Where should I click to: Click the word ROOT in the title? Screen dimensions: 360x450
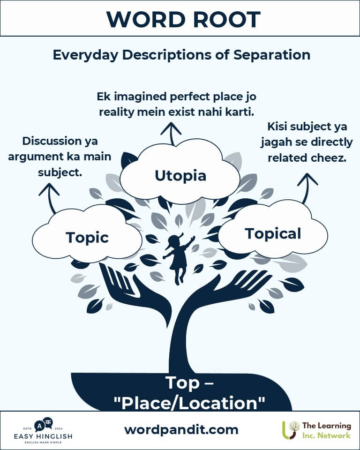pos(226,20)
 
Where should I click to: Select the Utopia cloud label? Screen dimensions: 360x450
pos(180,176)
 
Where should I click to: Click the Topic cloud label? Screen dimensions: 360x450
pos(87,238)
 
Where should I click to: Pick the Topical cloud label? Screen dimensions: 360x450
pos(273,233)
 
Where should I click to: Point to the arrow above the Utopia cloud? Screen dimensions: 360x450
pos(171,134)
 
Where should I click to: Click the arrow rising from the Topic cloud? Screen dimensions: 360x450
pos(50,198)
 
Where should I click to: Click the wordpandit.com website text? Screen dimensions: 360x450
pos(181,430)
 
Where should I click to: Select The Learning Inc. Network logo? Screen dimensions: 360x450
pos(316,430)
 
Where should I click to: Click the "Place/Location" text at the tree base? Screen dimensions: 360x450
pos(189,403)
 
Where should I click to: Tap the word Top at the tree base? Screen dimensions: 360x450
pos(182,383)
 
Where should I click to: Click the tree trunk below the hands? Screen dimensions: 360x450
pos(180,345)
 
